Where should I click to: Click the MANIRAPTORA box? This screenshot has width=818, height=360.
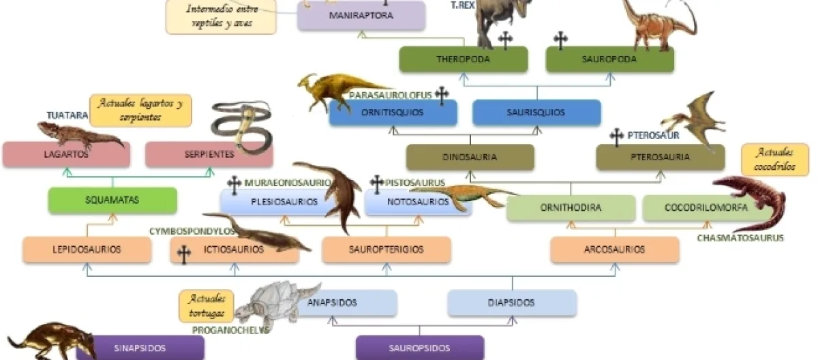coord(361,15)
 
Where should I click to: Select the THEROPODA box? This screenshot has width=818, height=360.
coord(464,59)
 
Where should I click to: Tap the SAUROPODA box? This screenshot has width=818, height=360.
coord(609,59)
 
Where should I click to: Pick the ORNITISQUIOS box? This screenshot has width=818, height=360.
coord(393,112)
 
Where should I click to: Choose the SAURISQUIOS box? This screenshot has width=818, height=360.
coord(536,112)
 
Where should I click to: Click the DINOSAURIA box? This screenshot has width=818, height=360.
coord(470,157)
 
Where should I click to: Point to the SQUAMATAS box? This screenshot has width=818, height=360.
coord(112,200)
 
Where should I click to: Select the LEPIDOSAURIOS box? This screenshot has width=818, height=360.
coord(87,250)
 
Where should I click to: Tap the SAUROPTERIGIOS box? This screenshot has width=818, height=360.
coord(386,250)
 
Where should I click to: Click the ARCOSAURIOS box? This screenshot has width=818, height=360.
coord(614,250)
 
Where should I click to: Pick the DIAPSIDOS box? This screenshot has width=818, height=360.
coord(512,303)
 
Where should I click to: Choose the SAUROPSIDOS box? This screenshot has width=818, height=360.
coord(419,348)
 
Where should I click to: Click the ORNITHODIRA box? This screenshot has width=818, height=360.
coord(571,208)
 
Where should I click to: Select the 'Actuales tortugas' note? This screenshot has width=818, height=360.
coord(206,306)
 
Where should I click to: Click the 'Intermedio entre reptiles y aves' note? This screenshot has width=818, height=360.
coord(220,16)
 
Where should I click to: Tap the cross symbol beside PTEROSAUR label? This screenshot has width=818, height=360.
coord(616,137)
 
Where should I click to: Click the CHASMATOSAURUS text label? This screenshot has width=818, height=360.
coord(740,238)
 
